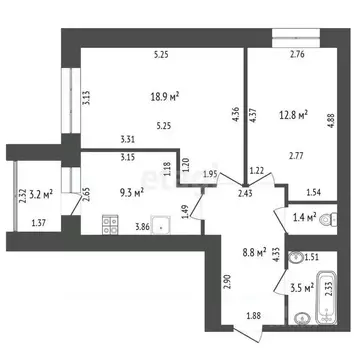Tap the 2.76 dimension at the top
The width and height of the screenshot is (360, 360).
(296, 55)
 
